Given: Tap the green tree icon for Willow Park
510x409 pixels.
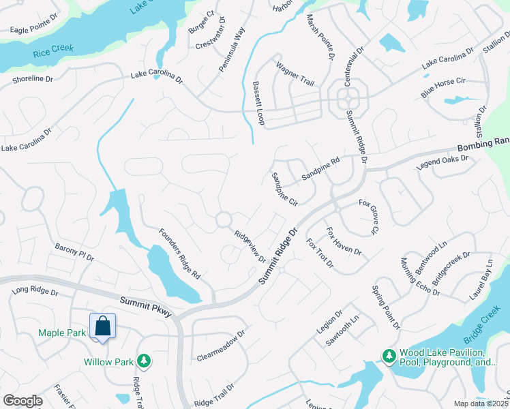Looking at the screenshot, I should [143, 360].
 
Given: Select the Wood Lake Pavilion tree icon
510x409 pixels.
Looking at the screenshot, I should [389, 356].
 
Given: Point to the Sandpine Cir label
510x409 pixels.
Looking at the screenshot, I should [285, 189].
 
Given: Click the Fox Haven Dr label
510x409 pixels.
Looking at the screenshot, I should [344, 241].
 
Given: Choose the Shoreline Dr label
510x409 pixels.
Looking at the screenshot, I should [32, 79].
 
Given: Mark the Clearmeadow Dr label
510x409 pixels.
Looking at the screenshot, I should [220, 347].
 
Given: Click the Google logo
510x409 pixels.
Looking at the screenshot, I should [22, 401].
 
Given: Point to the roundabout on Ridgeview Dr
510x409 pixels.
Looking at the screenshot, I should [223, 219].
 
